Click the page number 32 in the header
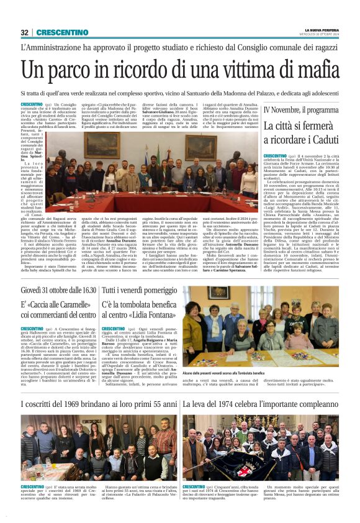point(24,32)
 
